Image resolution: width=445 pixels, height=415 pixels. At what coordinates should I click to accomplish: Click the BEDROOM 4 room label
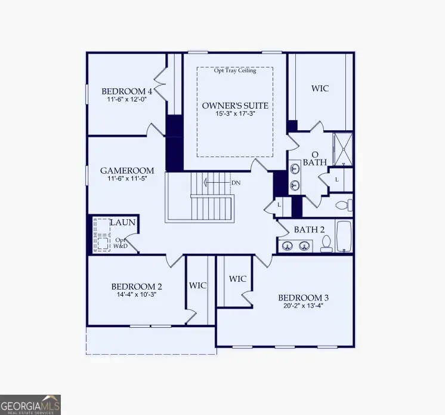click(126, 91)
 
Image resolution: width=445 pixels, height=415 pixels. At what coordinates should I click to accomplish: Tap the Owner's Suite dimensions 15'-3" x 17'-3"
click(234, 113)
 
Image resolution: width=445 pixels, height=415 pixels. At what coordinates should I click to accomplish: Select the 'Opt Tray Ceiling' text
click(235, 70)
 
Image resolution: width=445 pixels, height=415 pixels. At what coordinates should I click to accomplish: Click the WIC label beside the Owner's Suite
click(320, 88)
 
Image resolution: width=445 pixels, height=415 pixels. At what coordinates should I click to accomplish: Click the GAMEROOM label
click(127, 170)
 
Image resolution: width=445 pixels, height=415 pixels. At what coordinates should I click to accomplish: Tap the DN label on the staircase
click(236, 182)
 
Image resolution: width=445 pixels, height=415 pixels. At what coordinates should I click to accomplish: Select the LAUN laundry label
click(123, 223)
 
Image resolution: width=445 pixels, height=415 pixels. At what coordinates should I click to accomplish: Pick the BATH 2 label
click(309, 229)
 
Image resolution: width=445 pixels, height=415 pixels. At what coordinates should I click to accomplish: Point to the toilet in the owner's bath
click(343, 205)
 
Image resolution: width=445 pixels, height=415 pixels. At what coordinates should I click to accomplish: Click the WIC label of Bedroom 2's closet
click(198, 285)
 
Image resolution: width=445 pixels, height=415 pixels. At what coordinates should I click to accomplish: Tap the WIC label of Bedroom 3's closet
click(237, 279)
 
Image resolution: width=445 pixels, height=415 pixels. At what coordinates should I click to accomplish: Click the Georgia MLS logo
click(30, 404)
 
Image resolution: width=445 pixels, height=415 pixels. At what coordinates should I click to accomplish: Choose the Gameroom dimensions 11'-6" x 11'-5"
click(127, 179)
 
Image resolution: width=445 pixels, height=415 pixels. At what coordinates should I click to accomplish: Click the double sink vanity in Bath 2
click(296, 245)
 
